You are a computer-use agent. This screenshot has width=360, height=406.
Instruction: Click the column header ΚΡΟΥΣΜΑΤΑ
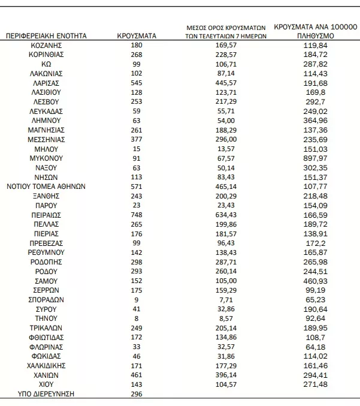point(137,36)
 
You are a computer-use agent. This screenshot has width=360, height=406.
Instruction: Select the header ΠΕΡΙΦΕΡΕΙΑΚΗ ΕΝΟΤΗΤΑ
point(46,36)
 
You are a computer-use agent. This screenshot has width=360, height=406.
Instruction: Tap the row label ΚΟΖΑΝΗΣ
point(46,45)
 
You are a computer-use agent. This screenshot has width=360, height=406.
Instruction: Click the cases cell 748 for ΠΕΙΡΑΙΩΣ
point(137,215)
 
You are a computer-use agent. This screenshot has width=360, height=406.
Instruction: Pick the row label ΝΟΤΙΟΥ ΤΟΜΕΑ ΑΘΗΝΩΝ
point(46,187)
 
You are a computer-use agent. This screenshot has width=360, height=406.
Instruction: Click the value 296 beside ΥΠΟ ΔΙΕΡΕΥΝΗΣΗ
point(137,393)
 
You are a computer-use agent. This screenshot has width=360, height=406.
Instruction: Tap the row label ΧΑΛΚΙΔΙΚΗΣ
point(46,365)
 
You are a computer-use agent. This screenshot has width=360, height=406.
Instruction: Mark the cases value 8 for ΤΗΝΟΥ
point(137,318)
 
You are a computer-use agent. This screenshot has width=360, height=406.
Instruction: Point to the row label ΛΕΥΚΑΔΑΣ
point(46,111)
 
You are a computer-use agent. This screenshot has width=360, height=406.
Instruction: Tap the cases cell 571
point(137,187)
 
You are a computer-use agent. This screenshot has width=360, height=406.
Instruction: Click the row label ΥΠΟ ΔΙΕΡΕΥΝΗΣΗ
point(46,393)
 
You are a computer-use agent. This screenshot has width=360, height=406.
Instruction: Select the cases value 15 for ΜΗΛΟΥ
point(137,149)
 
